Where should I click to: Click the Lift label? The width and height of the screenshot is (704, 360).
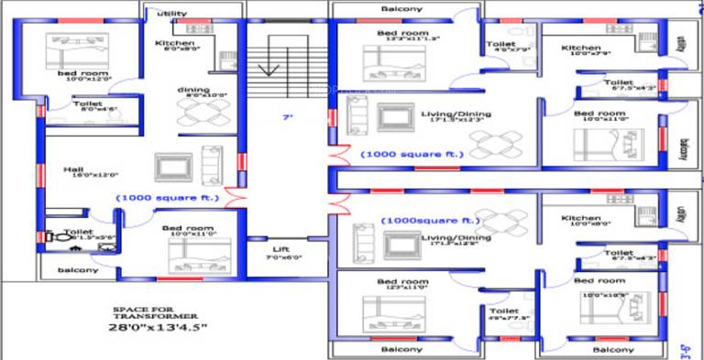pyautogui.click(x=280, y=249)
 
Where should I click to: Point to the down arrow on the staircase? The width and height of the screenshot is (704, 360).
pyautogui.click(x=269, y=69)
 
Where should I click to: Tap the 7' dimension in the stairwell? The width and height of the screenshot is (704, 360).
pyautogui.click(x=287, y=116)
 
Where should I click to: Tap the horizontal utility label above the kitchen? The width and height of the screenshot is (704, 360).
pyautogui.click(x=171, y=14)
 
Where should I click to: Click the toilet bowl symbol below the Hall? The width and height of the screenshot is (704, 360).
pyautogui.click(x=53, y=236)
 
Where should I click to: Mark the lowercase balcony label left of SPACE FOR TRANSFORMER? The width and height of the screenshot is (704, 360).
pyautogui.click(x=78, y=270)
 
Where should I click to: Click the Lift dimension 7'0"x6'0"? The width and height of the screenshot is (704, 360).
pyautogui.click(x=281, y=258)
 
